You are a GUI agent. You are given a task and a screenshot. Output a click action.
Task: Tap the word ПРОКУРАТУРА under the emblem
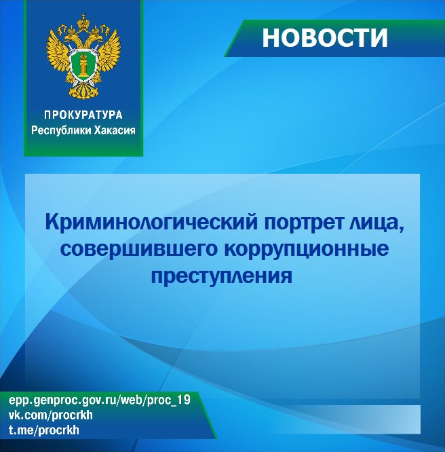coord(83,115)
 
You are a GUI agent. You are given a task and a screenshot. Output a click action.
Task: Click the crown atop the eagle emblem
coord(83,20)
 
